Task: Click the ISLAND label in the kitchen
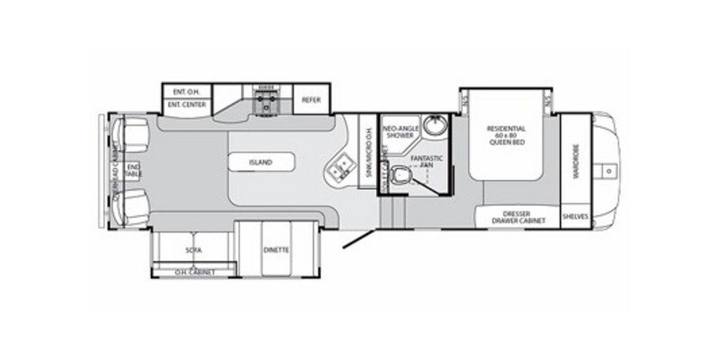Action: point(261,163)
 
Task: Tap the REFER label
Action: point(311,100)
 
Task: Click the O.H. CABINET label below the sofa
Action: point(192,271)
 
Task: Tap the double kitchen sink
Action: point(341,167)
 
